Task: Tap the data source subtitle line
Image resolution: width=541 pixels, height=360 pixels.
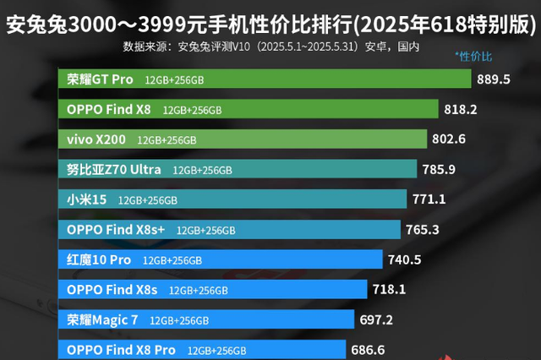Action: click(270, 46)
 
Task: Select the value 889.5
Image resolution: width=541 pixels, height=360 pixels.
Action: click(494, 79)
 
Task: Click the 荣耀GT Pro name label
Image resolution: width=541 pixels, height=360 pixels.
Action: click(100, 79)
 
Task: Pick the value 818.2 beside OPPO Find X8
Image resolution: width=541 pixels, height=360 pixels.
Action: click(461, 109)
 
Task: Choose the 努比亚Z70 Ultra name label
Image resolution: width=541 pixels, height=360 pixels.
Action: click(113, 170)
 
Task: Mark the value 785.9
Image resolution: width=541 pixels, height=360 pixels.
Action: click(439, 170)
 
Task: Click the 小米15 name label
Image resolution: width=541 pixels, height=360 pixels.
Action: click(86, 200)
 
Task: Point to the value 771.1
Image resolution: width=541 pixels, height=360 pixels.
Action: click(429, 200)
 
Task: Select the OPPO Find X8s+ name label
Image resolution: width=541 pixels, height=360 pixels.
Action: click(116, 230)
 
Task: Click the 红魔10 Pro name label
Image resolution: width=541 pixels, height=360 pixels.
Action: click(98, 259)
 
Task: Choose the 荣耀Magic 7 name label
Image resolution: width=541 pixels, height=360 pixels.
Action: click(101, 320)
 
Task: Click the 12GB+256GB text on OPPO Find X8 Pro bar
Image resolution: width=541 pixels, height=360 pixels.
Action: click(216, 350)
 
